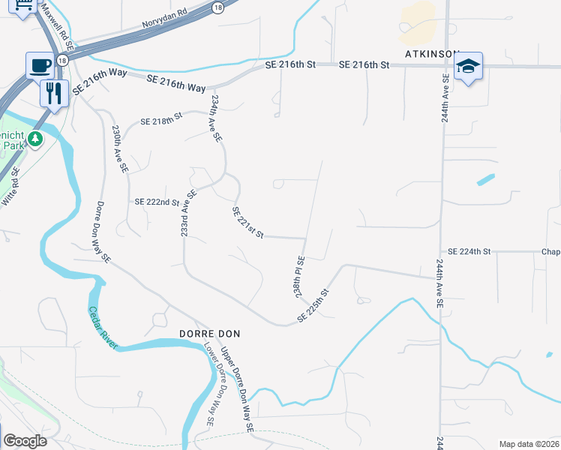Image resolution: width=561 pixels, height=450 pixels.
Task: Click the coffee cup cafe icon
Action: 38,64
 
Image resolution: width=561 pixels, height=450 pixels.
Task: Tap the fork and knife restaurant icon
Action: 53,93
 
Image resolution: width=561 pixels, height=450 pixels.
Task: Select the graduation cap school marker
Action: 468,66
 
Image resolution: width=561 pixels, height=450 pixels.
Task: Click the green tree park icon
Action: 34,139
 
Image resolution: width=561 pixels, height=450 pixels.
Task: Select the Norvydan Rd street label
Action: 163,23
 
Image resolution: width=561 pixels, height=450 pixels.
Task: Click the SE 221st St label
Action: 248,223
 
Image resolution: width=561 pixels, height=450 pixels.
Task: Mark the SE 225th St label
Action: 313,307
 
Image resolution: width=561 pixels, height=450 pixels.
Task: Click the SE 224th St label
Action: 468,251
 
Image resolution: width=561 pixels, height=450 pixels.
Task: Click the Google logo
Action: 25,441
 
